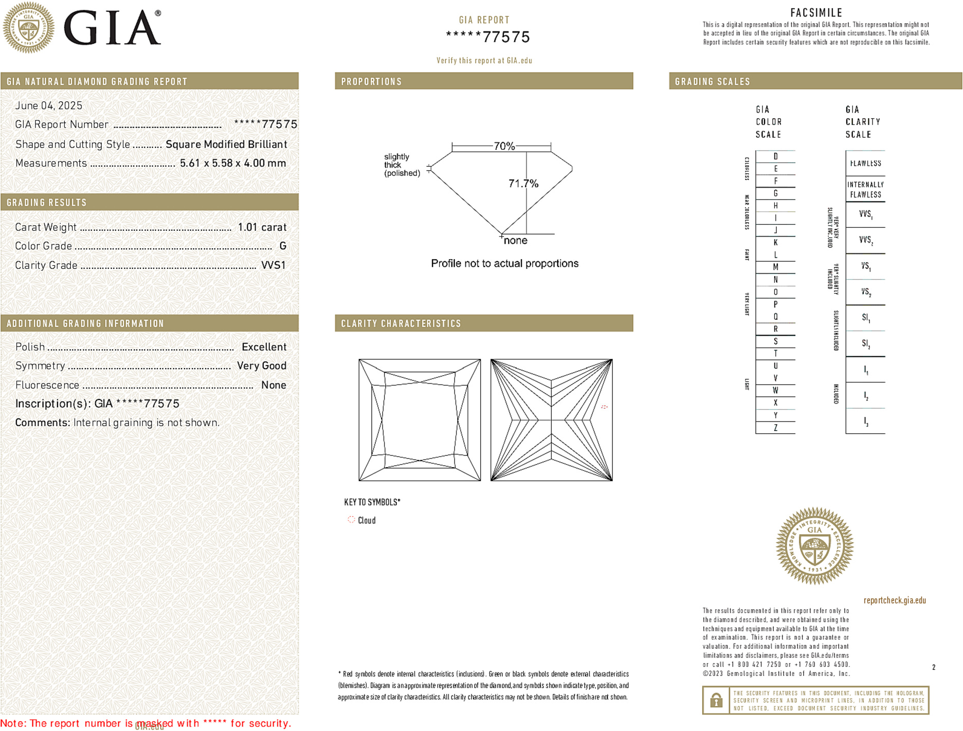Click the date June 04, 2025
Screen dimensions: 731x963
pos(48,106)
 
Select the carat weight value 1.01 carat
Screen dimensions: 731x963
pos(262,227)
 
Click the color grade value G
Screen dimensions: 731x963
pos(283,246)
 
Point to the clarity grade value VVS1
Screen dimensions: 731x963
pos(273,265)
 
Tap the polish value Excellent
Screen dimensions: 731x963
pos(264,347)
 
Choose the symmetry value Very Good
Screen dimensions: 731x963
pos(261,366)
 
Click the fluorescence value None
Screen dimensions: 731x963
pos(274,385)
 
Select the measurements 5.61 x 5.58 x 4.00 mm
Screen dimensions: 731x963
pos(232,163)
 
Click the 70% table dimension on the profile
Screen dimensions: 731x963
pos(503,146)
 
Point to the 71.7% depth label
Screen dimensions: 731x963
pos(523,184)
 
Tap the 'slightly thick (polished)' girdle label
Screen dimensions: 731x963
pos(402,165)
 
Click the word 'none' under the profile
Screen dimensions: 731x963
pos(515,241)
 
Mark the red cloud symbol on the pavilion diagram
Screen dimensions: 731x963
pos(604,407)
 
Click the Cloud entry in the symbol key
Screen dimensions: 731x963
pos(366,520)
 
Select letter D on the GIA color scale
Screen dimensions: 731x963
pos(775,156)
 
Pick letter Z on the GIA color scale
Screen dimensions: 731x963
pos(775,428)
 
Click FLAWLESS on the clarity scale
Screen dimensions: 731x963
pos(865,163)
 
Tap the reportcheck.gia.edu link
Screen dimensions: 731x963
pos(894,600)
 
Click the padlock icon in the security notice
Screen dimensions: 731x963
pos(716,700)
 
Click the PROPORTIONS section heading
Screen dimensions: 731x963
pos(371,82)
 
